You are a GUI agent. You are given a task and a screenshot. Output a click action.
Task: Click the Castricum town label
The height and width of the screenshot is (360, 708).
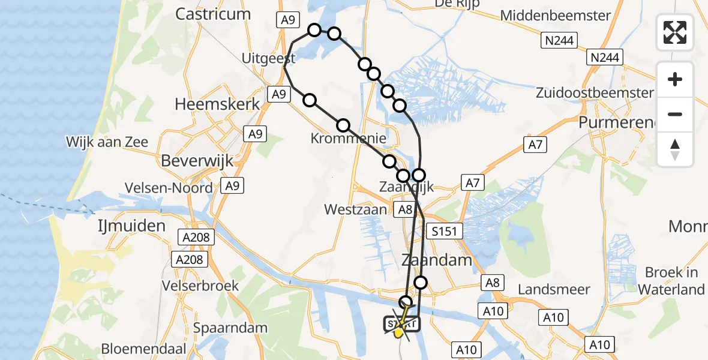point(213,14)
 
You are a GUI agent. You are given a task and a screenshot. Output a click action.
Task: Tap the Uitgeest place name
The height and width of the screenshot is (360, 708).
point(268,58)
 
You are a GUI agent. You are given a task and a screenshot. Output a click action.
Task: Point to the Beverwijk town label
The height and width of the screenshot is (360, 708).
point(197,161)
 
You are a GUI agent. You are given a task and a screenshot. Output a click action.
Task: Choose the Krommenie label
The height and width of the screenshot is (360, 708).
point(348,139)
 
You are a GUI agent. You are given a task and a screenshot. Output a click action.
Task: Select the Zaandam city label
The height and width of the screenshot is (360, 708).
point(436,261)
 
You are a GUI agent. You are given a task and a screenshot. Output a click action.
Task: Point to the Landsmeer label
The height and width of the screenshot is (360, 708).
point(554,290)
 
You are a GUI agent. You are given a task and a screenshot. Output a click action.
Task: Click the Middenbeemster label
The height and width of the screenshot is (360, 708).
point(556,16)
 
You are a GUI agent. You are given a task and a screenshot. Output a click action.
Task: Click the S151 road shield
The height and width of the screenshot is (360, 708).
point(444,230)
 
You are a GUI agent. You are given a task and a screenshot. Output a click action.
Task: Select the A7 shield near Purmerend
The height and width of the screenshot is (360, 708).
point(535,144)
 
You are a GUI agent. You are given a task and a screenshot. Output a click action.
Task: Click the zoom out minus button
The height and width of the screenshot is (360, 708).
point(675,114)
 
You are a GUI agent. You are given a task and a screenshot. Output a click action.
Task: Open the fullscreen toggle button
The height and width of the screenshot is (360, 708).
point(675,32)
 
